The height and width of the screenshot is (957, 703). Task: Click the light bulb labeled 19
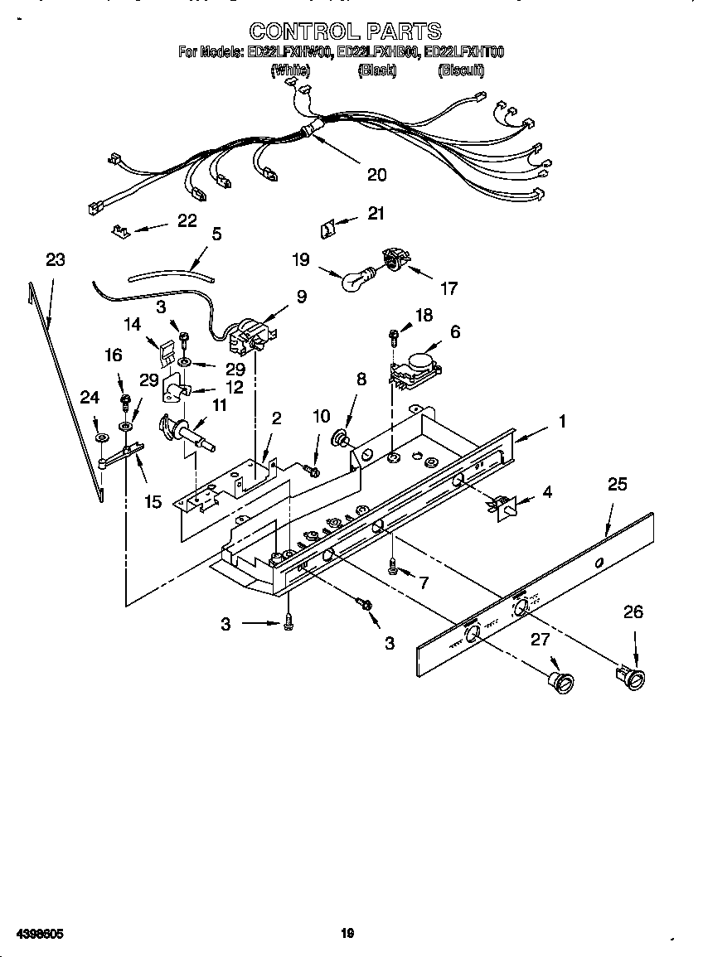point(358,278)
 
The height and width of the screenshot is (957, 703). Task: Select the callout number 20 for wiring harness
point(377,175)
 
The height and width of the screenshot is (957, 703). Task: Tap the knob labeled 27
point(563,680)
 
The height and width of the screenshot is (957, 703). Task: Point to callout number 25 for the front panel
point(618,485)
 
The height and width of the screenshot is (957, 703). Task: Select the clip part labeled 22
point(120,228)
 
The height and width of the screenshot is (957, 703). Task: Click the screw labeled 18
point(394,335)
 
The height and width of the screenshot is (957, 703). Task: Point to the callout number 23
point(55,260)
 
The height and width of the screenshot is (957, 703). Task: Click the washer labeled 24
point(100,437)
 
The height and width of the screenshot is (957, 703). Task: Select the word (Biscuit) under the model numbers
point(461,72)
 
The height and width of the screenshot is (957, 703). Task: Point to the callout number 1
point(562,422)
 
